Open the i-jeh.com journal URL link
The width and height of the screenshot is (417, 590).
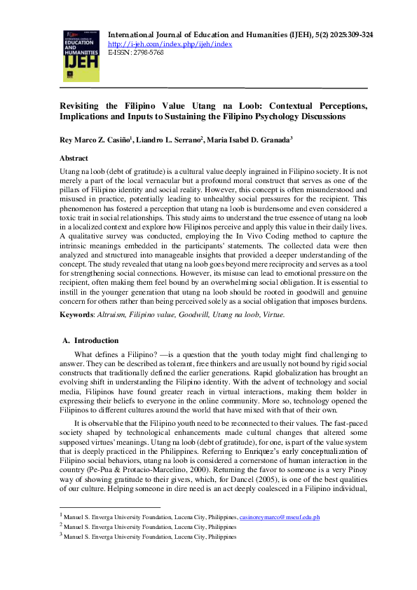170,43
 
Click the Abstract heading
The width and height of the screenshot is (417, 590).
74,159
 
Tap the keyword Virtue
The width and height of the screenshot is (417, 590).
273,315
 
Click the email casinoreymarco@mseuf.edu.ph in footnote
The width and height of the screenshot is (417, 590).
279,517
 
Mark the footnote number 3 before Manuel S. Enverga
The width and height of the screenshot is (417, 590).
62,536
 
